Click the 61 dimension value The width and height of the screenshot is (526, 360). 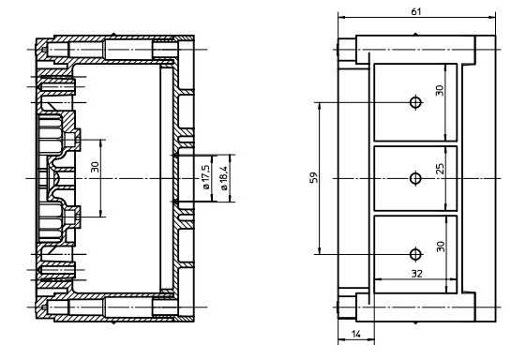click(415, 10)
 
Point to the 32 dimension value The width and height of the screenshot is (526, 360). click(415, 273)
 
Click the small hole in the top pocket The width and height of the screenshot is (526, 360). click(415, 102)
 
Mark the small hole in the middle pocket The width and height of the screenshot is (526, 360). click(415, 177)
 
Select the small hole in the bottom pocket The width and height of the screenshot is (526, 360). click(415, 252)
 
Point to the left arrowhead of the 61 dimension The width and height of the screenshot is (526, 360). click(340, 17)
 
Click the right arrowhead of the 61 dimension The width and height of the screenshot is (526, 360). click(493, 17)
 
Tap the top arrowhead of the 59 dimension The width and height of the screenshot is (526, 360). click(321, 104)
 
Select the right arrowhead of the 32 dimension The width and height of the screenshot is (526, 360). click(457, 280)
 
